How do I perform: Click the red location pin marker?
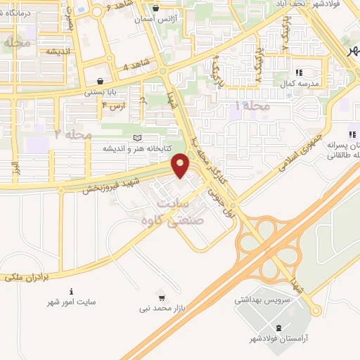pyautogui.click(x=181, y=166)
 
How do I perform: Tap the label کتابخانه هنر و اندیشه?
pyautogui.click(x=129, y=148)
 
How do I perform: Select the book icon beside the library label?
pyautogui.click(x=136, y=137)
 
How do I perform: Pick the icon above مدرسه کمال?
pyautogui.click(x=298, y=72)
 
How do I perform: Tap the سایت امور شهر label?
pyautogui.click(x=72, y=302)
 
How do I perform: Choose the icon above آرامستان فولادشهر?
pyautogui.click(x=281, y=328)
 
